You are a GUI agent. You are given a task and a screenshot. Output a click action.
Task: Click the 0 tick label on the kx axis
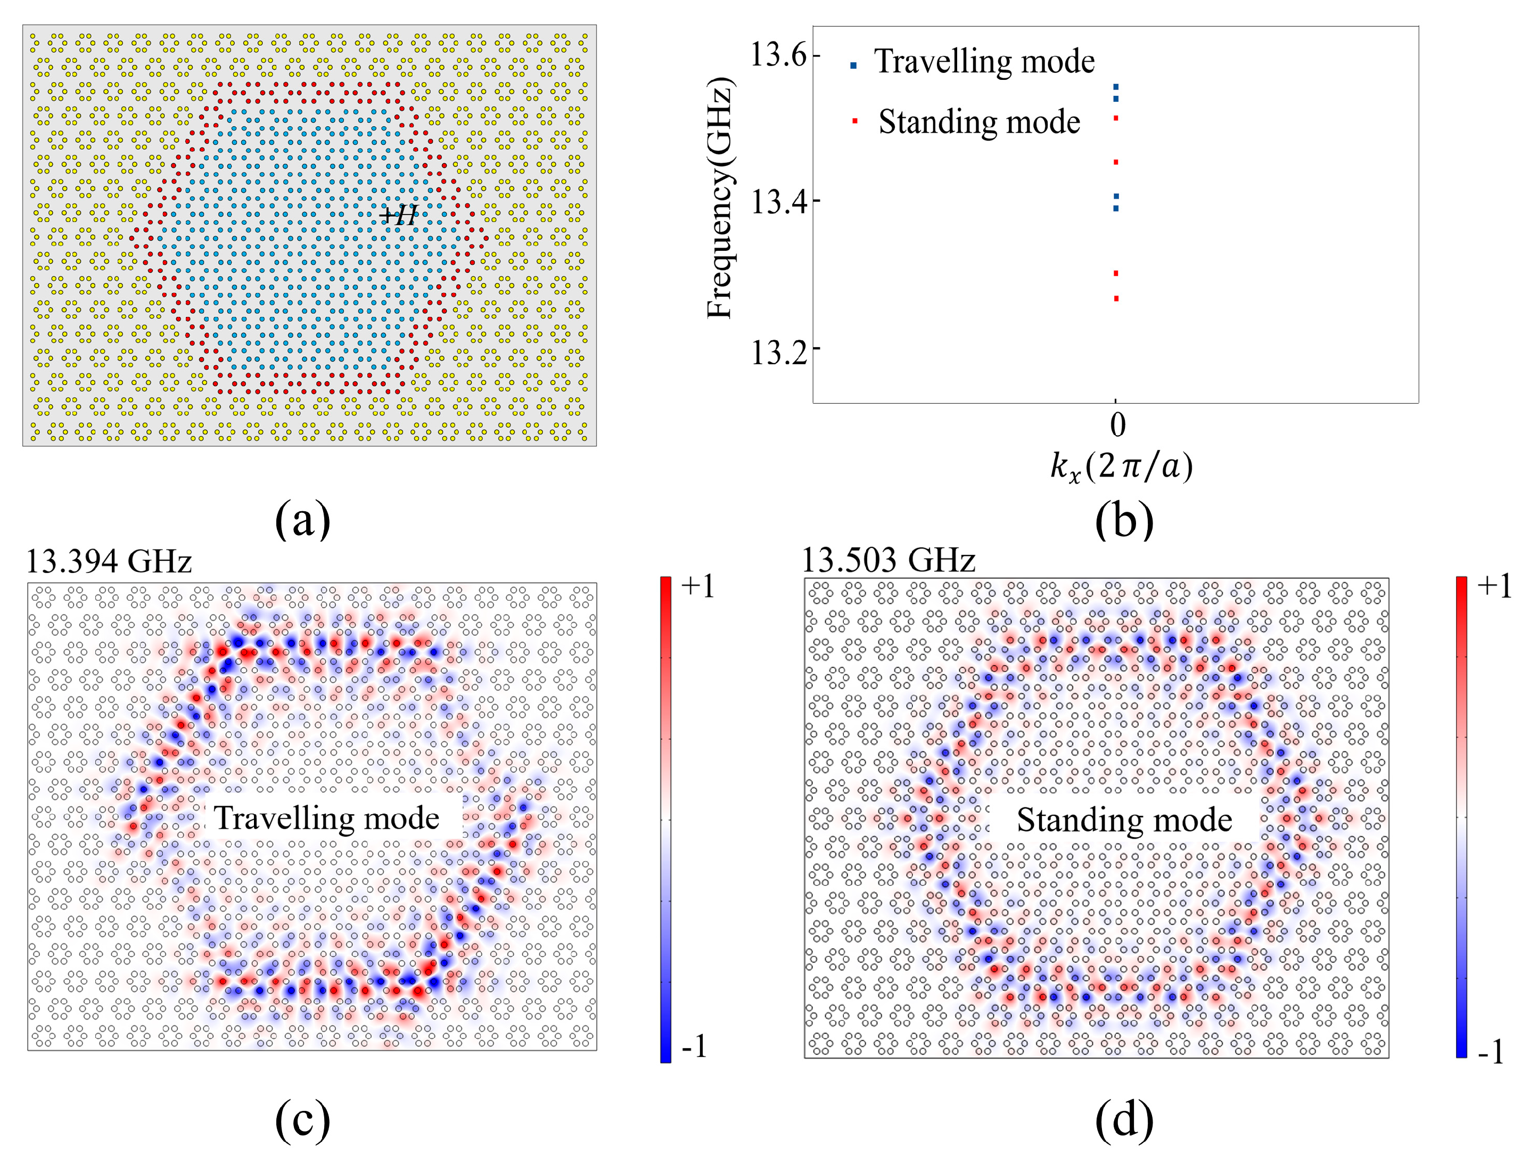(1117, 424)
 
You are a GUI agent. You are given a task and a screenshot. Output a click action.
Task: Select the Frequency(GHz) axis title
(720, 199)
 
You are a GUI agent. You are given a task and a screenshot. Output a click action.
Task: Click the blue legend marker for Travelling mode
(853, 66)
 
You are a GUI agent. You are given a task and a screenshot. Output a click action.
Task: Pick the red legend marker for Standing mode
(855, 122)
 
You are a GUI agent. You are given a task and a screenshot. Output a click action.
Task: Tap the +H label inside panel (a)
(399, 215)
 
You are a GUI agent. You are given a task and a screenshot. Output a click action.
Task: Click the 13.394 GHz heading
(109, 561)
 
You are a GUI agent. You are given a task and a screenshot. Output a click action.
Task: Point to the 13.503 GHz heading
(888, 559)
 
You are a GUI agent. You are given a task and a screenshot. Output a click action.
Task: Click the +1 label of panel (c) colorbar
(697, 586)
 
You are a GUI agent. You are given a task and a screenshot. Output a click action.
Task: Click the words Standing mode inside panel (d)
(1124, 820)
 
